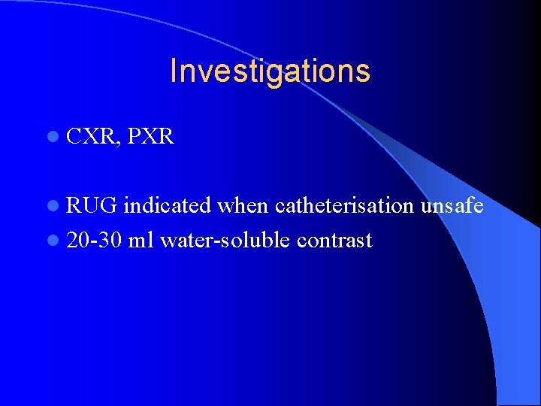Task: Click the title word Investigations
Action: point(270,71)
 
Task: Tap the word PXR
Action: point(151,137)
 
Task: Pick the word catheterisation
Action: point(345,205)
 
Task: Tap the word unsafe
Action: point(452,205)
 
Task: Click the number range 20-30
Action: point(94,241)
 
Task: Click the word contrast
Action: point(335,241)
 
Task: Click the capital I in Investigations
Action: point(174,71)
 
